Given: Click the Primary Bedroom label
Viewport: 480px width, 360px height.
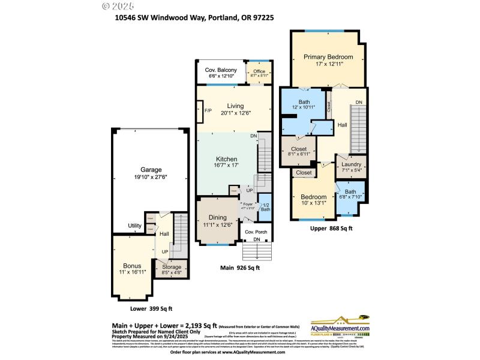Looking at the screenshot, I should tap(328, 58).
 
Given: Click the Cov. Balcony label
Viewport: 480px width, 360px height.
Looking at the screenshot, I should tap(221, 70).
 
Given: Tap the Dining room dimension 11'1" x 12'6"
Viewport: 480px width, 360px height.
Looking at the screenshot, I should tap(218, 225).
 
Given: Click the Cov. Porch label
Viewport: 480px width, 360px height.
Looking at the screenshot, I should tap(256, 232).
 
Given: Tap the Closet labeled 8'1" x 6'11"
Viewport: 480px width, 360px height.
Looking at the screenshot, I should tap(298, 149).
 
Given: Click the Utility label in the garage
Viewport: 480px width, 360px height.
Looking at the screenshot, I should tap(134, 226).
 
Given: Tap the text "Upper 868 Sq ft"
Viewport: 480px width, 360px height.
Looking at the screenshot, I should tap(332, 229).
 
